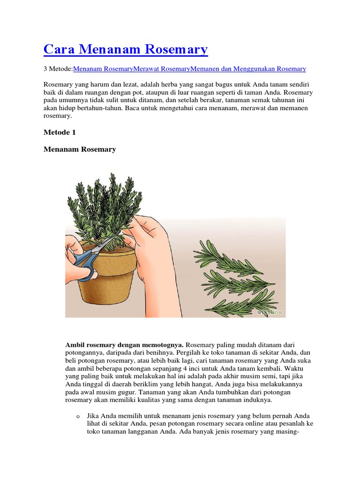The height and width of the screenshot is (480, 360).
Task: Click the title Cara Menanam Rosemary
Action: [x=126, y=49]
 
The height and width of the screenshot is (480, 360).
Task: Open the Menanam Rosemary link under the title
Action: [x=103, y=69]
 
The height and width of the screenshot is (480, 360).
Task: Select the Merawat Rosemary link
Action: [x=162, y=69]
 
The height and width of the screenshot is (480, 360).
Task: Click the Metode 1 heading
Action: [x=60, y=133]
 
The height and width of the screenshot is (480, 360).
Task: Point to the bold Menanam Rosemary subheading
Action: [x=80, y=150]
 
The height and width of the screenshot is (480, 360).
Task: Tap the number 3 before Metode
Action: [x=45, y=69]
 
